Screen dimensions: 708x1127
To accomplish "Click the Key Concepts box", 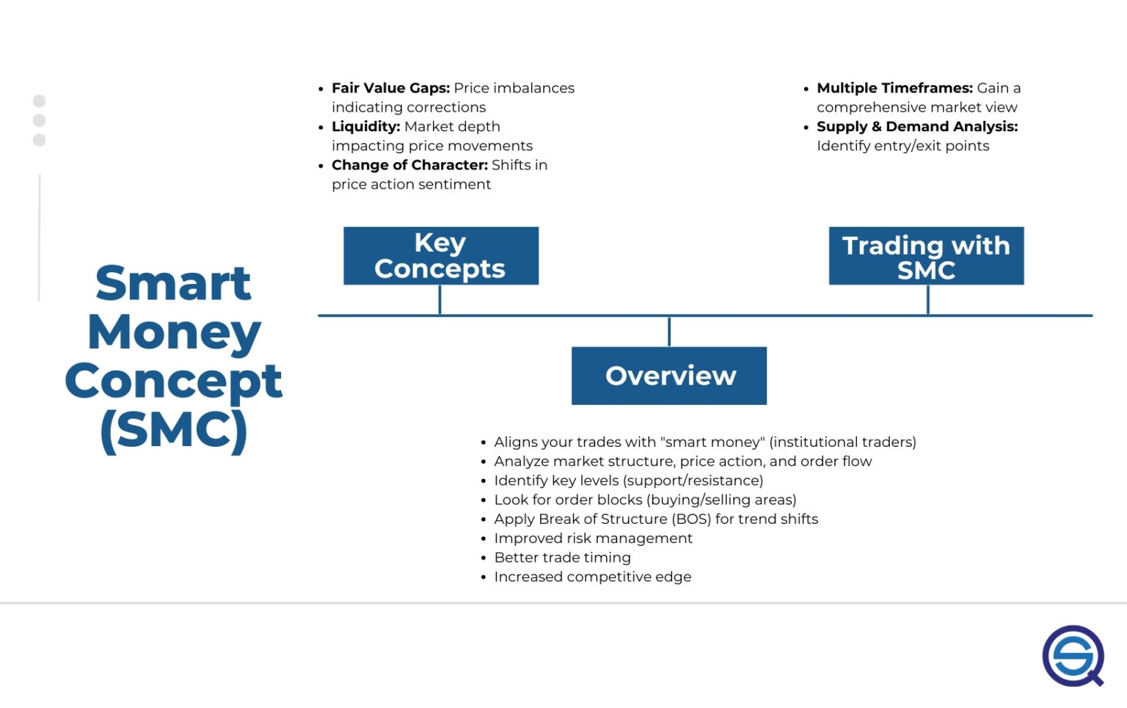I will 440,255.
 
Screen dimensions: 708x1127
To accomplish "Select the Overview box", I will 669,376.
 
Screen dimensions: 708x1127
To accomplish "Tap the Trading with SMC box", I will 926,255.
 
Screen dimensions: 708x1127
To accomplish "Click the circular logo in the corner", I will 1073,655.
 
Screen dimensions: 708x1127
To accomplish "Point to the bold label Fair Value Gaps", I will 390,88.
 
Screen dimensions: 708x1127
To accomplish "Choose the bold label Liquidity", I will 365,126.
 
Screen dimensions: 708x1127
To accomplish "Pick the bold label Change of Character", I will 409,165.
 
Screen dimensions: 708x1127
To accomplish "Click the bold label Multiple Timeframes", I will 894,88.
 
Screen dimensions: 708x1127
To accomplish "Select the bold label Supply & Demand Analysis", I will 917,126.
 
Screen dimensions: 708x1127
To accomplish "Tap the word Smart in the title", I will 173,283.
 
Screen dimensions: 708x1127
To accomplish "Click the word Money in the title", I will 174,332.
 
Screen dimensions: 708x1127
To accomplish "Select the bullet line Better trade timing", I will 562,558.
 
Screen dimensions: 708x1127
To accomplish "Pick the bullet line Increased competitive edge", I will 592,577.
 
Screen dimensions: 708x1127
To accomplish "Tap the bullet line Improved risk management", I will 593,538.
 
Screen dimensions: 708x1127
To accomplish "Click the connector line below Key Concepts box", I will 440,299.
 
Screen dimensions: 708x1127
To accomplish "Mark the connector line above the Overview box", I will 669,332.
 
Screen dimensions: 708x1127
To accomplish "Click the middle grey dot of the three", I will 40,120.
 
